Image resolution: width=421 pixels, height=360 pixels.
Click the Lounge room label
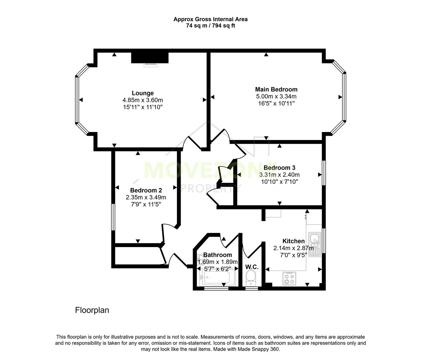pos(143,93)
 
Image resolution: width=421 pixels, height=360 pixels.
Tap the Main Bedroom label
pos(276,89)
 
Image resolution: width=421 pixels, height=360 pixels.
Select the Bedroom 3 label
pos(279,168)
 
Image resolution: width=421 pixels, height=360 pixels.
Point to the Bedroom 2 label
pos(146,190)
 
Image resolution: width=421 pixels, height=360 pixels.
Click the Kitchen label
pos(293,241)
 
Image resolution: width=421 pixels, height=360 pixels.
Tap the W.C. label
pos(252,267)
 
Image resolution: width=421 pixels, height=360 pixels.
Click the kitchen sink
pos(314,244)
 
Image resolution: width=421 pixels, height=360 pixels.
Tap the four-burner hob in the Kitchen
pos(289,279)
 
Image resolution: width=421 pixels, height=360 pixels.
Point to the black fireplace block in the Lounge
pos(150,57)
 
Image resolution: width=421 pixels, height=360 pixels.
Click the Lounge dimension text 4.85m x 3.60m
pos(143,100)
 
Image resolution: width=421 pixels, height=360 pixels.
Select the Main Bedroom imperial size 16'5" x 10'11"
pos(276,103)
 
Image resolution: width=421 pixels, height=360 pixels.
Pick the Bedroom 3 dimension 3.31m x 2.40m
pos(279,175)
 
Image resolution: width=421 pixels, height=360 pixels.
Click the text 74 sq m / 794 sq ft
pos(210,26)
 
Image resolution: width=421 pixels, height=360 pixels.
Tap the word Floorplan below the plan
pos(92,310)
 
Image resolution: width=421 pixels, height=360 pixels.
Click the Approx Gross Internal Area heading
pos(210,19)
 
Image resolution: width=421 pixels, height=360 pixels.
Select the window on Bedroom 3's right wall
pos(324,173)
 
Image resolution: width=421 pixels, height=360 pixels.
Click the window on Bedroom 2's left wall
pos(113,217)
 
